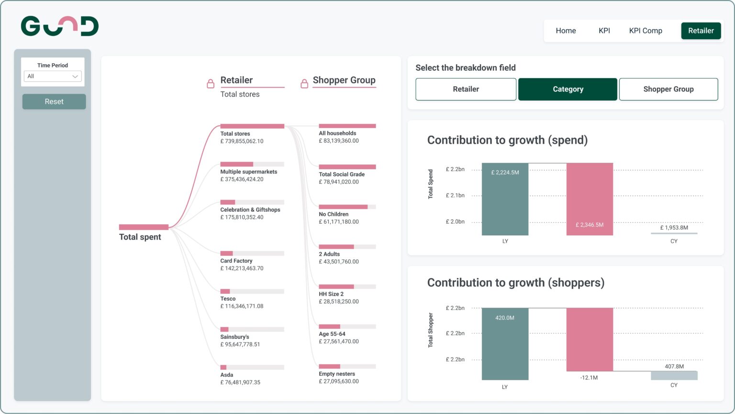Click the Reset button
pos(54,102)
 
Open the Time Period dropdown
pos(53,76)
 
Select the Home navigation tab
pos(566,31)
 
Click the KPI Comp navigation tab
pos(645,31)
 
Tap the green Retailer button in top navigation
pos(701,31)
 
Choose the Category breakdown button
pos(568,89)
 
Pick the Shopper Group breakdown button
pos(668,89)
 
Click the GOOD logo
pos(60,26)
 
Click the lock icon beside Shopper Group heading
pos(304,84)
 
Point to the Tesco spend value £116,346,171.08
pos(242,306)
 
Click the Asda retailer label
pos(227,375)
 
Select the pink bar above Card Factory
pos(226,253)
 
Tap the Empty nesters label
pos(337,374)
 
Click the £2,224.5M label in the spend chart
pos(505,172)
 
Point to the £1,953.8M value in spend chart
pos(674,228)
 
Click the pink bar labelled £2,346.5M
pos(590,199)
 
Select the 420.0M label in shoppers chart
pos(505,318)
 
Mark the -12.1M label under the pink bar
pos(589,378)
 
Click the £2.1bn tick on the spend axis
pos(455,195)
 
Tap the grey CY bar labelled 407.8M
pos(674,375)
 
